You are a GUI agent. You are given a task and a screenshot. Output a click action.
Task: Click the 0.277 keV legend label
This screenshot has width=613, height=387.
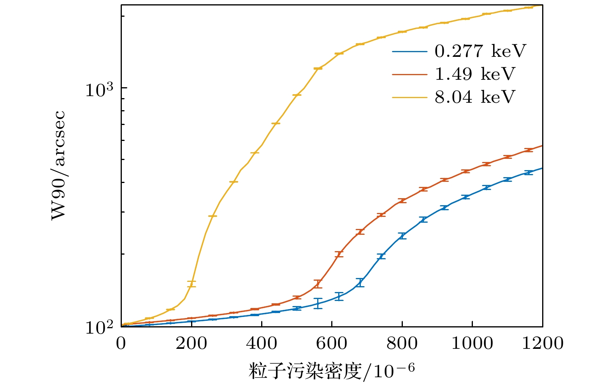click(x=480, y=51)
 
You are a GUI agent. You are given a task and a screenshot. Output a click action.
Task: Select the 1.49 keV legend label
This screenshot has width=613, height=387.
click(x=474, y=74)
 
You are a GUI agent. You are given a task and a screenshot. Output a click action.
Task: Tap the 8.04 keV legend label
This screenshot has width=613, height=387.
click(x=474, y=97)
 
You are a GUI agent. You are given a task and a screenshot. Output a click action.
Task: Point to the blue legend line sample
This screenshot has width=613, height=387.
click(x=409, y=51)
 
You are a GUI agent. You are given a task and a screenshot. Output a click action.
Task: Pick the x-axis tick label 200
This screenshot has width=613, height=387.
click(x=191, y=343)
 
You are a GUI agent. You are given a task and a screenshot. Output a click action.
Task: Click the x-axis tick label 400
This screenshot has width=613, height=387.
click(x=262, y=343)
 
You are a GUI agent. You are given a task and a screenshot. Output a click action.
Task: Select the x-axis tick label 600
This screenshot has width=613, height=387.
click(x=332, y=343)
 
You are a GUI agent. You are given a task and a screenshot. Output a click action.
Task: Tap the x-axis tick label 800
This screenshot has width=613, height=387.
click(x=402, y=343)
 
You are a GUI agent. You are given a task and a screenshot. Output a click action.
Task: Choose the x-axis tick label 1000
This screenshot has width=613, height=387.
click(x=472, y=343)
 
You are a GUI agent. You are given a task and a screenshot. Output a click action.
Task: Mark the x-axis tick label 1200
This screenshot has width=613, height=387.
click(x=542, y=343)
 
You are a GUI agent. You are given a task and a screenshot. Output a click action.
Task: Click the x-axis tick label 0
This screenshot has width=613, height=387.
click(x=121, y=343)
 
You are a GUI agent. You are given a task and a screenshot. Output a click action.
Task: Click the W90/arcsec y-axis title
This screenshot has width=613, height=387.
click(x=58, y=165)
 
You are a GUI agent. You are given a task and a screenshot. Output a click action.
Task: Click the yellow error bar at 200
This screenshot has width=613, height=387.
click(x=191, y=284)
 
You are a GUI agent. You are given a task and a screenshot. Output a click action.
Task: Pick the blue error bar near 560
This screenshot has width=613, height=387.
click(x=318, y=303)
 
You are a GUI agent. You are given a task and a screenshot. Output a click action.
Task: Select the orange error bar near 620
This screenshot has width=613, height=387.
click(x=339, y=254)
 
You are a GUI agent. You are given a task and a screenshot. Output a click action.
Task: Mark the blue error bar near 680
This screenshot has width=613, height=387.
click(x=360, y=283)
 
